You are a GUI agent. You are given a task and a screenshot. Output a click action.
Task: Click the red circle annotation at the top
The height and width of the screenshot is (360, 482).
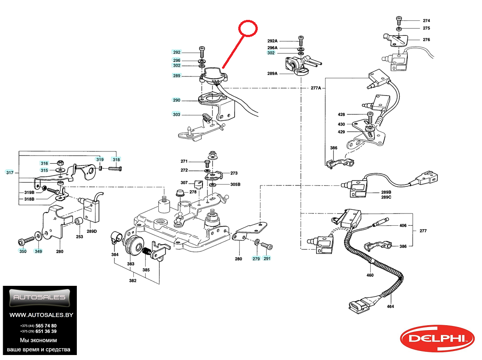point(248,28)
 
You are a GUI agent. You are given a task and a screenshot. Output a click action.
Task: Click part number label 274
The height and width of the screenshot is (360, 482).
point(426,21)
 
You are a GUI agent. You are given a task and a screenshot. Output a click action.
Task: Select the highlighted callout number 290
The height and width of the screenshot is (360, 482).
point(176,100)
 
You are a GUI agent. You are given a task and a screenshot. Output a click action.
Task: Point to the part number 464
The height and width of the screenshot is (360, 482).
point(391,306)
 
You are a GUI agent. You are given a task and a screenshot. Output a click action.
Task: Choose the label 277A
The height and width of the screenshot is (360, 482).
point(315,88)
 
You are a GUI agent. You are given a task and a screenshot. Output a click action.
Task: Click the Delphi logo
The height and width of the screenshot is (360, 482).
point(437,338)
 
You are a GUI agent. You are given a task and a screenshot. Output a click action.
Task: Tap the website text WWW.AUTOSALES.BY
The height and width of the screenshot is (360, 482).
point(41,315)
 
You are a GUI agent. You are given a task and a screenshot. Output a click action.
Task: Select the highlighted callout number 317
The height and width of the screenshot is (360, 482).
point(10,172)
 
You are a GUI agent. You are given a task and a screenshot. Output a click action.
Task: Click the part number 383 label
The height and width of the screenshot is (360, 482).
point(131,264)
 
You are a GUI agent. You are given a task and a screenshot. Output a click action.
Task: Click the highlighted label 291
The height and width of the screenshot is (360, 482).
point(267,259)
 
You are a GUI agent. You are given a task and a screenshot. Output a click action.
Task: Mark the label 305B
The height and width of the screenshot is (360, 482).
point(236,185)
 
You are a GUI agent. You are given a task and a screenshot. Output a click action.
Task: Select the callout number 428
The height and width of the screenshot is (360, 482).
point(341,115)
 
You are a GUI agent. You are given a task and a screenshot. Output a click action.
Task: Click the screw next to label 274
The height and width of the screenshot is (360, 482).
point(399,20)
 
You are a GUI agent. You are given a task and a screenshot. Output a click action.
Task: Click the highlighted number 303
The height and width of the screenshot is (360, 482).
point(176,115)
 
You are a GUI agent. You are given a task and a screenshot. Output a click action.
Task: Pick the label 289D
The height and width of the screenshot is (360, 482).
point(92,232)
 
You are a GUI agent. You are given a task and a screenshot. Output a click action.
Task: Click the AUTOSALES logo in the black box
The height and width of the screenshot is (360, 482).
point(40,298)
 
